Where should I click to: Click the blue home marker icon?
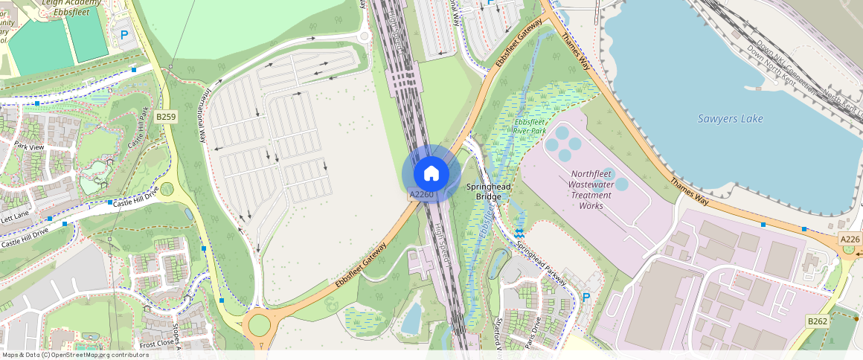coord(431,173)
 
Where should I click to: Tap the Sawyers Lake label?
coord(730,119)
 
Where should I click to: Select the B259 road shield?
coord(165,117)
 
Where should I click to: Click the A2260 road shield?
coord(422,194)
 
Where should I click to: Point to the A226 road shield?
coord(850,239)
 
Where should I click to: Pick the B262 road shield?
coord(818,321)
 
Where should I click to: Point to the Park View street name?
coord(29,147)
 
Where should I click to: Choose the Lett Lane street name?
coord(15,218)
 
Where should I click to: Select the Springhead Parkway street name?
coord(542,265)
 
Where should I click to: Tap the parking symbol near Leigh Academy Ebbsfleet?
coord(124,34)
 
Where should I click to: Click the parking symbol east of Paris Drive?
coord(586,298)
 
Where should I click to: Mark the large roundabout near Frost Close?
coord(259,324)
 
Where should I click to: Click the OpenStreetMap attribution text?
coord(76,355)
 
